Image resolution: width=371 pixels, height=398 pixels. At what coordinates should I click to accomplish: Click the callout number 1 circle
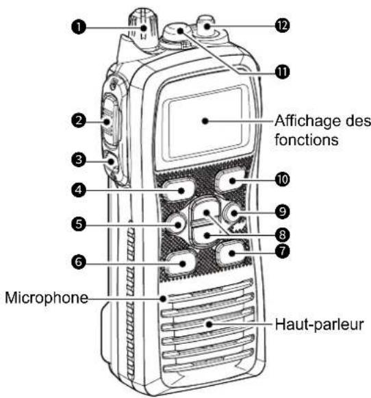[x=79, y=27]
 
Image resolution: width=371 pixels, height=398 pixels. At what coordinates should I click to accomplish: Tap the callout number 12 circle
[x=282, y=25]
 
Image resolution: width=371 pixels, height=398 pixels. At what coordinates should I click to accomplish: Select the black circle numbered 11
[x=282, y=72]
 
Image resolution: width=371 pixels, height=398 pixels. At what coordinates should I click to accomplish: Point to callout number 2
[x=79, y=121]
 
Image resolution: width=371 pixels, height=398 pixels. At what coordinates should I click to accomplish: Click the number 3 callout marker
[x=79, y=160]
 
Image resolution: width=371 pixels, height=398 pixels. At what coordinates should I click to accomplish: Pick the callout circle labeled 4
[x=79, y=190]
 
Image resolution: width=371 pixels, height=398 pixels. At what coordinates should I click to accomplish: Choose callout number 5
[x=79, y=225]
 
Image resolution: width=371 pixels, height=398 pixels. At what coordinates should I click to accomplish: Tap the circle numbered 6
[x=79, y=262]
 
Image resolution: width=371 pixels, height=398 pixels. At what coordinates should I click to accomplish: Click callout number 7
[x=282, y=251]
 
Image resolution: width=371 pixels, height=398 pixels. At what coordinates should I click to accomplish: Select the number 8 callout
[x=282, y=234]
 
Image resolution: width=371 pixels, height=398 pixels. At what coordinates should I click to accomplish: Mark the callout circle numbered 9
[x=282, y=211]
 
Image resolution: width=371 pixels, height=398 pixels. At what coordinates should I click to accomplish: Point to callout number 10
[x=282, y=179]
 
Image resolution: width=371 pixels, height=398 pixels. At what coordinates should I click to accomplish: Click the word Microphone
[x=47, y=297]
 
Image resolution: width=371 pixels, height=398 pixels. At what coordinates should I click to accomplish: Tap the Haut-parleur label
[x=319, y=325]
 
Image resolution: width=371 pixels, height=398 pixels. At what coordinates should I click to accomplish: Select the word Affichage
[x=307, y=121]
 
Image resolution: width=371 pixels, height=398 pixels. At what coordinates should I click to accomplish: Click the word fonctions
[x=307, y=139]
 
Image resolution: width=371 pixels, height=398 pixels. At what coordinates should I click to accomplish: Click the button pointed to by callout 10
[x=230, y=181]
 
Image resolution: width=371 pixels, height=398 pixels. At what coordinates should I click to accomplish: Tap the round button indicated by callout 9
[x=233, y=213]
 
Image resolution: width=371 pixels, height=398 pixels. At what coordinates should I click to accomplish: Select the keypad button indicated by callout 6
[x=181, y=263]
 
